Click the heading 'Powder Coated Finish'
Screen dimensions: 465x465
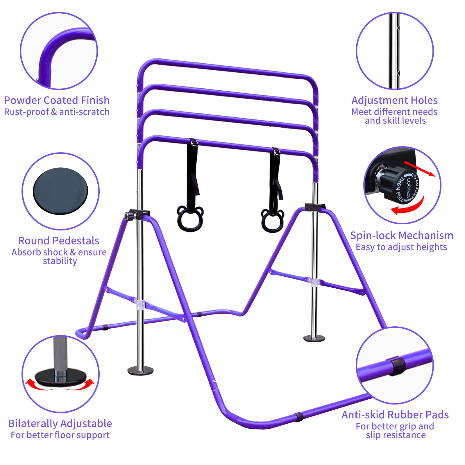57,101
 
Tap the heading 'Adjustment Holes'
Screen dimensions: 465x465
394,101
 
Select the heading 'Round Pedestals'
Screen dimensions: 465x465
59,241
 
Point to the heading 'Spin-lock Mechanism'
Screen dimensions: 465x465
402,236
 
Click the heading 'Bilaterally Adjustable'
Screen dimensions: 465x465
60,424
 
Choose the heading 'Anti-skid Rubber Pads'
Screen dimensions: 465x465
395,415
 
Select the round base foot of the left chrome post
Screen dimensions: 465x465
140,371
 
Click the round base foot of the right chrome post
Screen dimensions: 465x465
314,338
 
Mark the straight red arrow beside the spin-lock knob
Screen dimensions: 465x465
420,169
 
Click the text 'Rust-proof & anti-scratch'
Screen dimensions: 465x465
57,112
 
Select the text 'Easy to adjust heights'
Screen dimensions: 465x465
401,247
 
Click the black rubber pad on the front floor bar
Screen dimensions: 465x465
298,417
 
